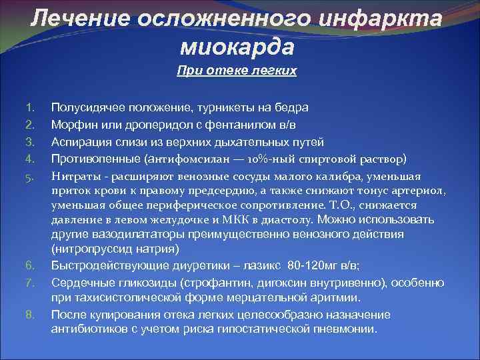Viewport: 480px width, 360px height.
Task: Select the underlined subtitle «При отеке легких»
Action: pyautogui.click(x=237, y=70)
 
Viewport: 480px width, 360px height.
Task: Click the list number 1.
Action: pyautogui.click(x=29, y=107)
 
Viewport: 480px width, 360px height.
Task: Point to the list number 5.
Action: pyautogui.click(x=29, y=177)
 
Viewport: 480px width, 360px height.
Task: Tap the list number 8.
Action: pyautogui.click(x=29, y=315)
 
